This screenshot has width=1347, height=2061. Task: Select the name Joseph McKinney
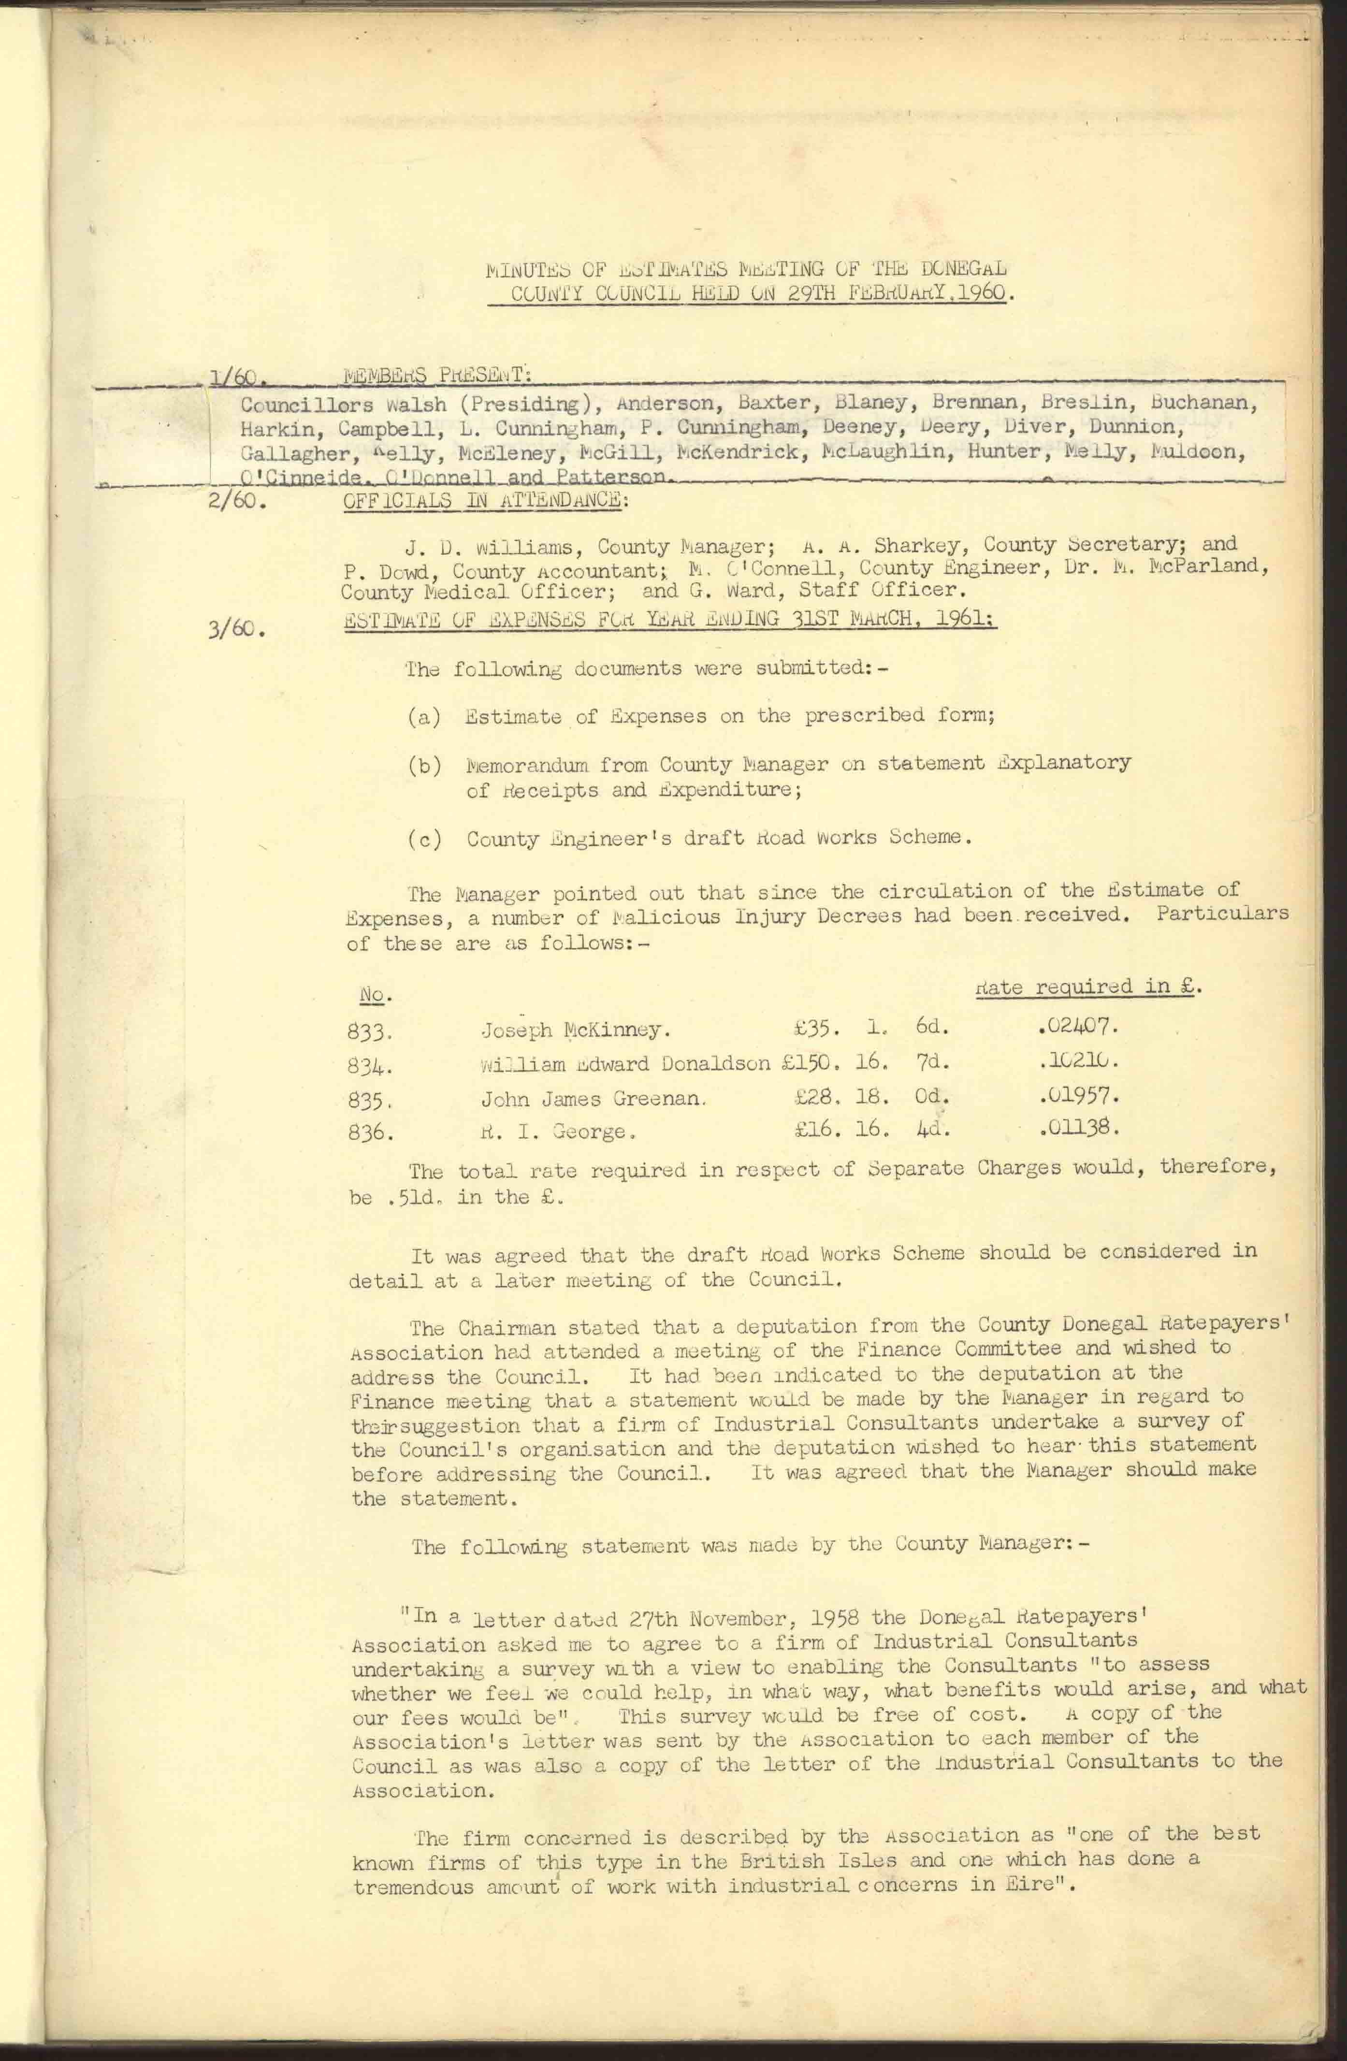tap(574, 1030)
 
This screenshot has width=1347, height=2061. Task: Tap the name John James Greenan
tap(594, 1099)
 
